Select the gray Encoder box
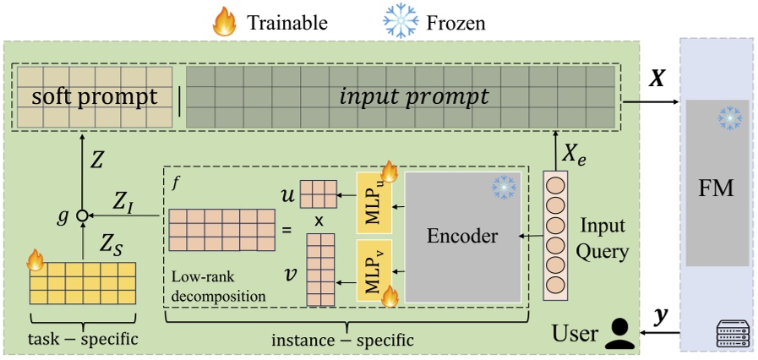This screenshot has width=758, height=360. [x=462, y=237]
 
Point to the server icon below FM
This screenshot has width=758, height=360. [x=732, y=336]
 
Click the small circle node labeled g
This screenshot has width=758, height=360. [x=82, y=216]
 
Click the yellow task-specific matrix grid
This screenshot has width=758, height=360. [x=83, y=283]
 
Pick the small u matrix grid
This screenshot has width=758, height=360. [x=317, y=194]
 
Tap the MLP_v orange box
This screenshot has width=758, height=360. [x=373, y=270]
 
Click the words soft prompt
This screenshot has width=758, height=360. [x=94, y=97]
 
